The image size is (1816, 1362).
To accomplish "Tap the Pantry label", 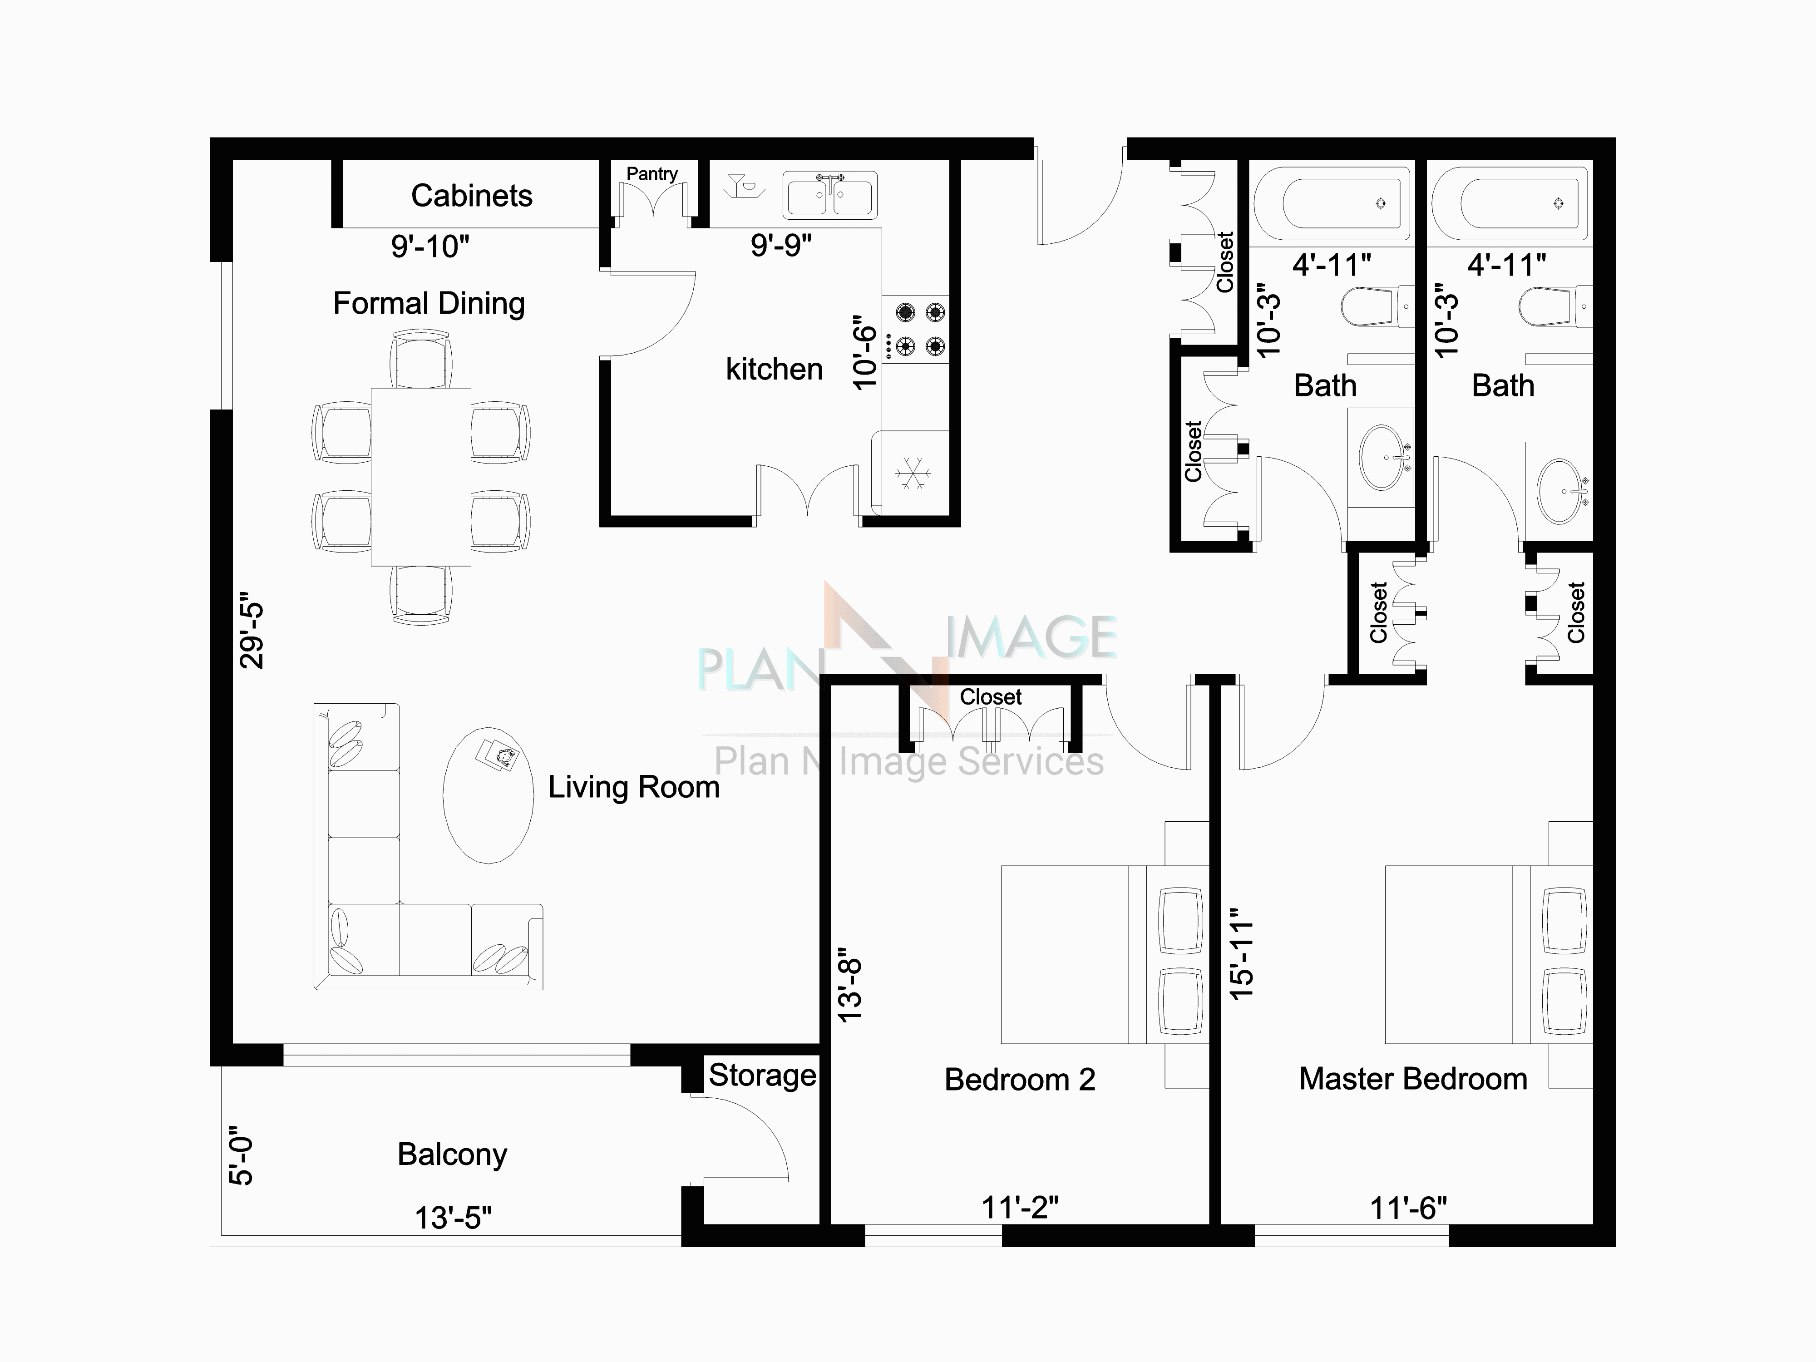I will tap(652, 173).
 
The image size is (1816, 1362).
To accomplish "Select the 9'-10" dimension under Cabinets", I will tap(430, 246).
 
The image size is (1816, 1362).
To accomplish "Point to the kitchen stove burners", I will tap(919, 328).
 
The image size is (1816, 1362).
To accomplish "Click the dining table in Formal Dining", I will tap(420, 476).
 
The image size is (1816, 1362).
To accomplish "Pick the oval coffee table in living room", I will tap(488, 794).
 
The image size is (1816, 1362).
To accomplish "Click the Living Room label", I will tap(634, 786).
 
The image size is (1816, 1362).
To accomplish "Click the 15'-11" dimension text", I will tap(1242, 953).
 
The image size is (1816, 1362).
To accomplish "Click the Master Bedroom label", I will tap(1413, 1079).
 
